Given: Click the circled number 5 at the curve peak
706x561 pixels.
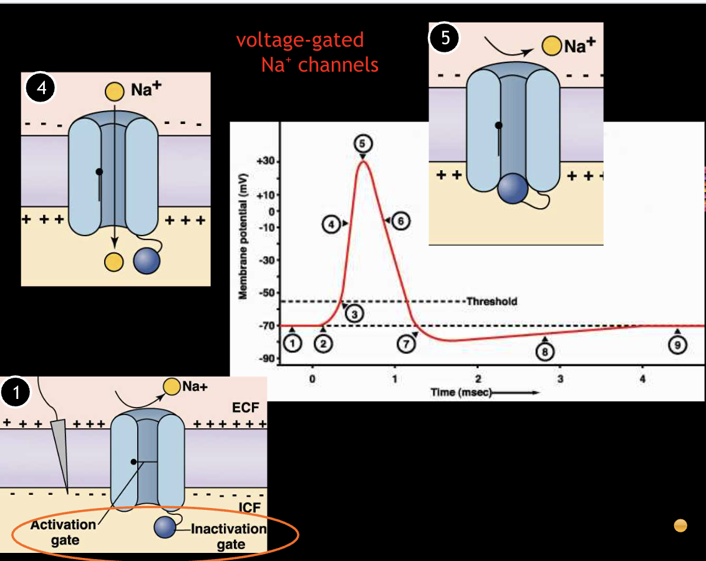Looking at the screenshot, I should click(x=362, y=143).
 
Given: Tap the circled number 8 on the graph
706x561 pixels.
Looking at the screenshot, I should click(x=544, y=352).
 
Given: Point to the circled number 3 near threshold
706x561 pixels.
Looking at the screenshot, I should click(x=354, y=314).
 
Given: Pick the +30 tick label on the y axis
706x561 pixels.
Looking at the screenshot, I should click(x=266, y=161).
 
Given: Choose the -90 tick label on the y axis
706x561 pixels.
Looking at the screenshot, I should click(x=268, y=358).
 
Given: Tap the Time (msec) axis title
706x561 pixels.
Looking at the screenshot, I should click(x=462, y=392).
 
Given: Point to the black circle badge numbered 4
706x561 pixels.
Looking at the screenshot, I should click(x=41, y=89).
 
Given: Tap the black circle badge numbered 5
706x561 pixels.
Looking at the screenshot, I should click(x=444, y=38).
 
